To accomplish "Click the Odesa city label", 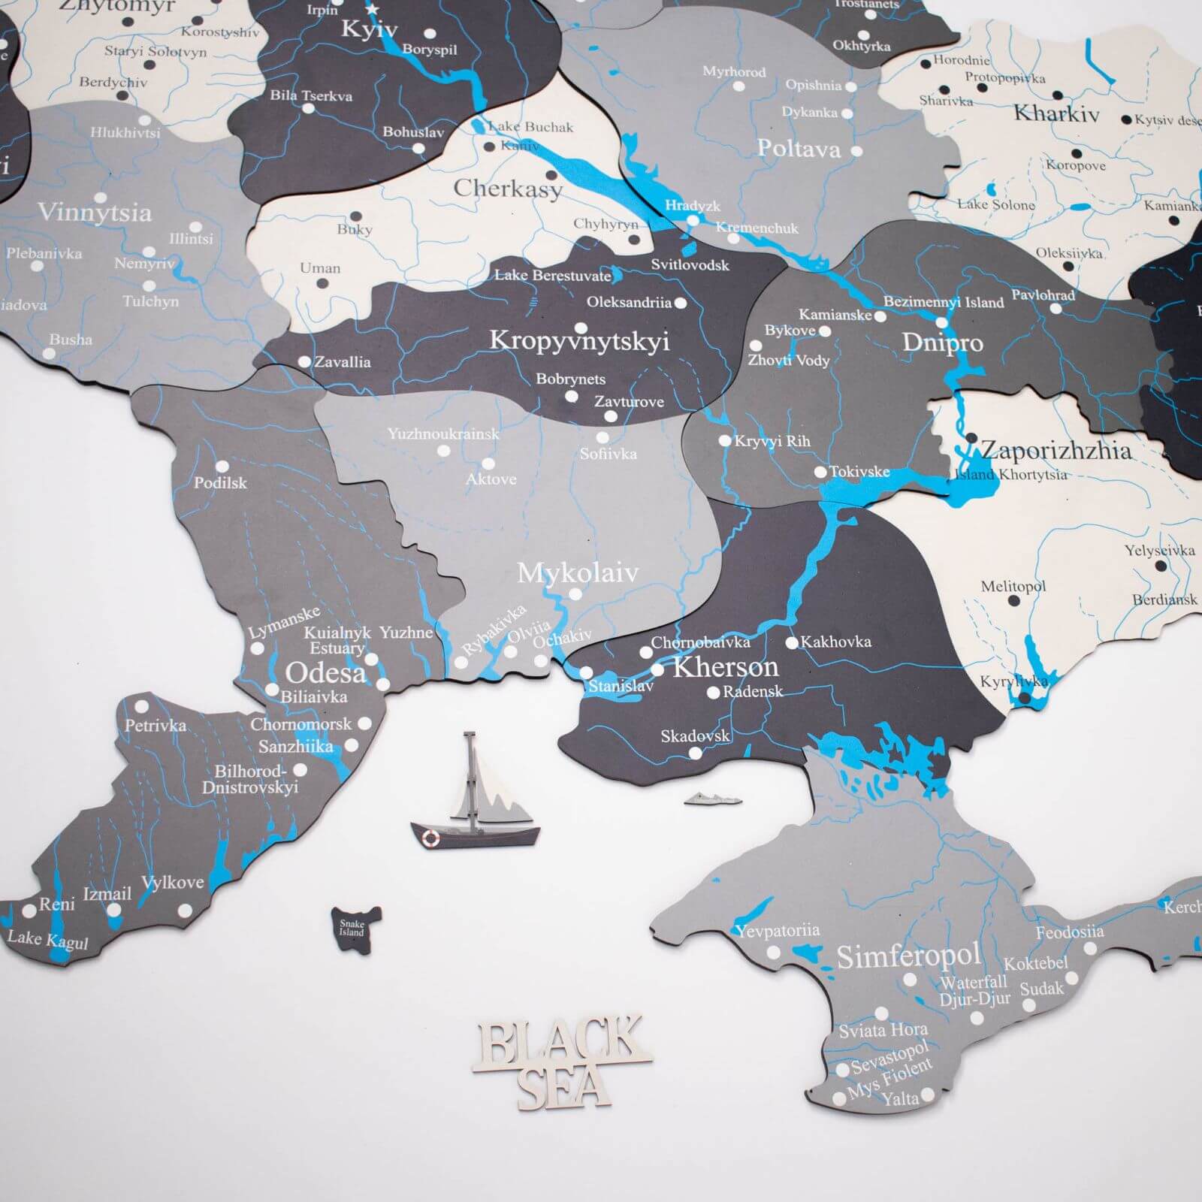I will click(x=325, y=672).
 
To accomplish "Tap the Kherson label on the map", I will click(x=725, y=667).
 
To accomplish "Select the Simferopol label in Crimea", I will click(x=908, y=956).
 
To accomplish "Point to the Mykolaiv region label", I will click(x=578, y=573).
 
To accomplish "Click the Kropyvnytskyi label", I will click(x=578, y=340).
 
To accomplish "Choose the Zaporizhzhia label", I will click(x=1056, y=450).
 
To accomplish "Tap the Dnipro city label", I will click(x=942, y=343).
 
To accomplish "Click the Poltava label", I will click(x=798, y=149).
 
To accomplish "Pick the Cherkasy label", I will click(x=507, y=188).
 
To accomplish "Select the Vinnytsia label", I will click(x=95, y=213).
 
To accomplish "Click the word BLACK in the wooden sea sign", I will click(x=560, y=1040).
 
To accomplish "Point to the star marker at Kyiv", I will click(x=373, y=9).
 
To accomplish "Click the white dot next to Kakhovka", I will click(x=791, y=643).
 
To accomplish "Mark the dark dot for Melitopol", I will click(x=1013, y=601).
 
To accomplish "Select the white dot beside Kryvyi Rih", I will click(x=725, y=441).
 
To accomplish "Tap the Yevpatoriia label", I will click(x=777, y=932).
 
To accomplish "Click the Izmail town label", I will click(x=107, y=894).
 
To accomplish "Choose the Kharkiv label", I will click(x=1056, y=114).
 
